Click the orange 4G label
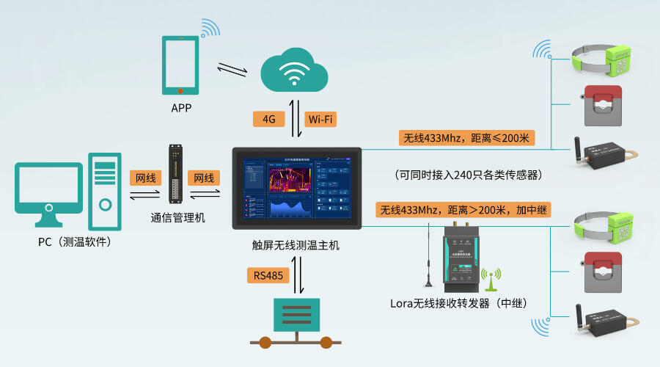(x=268, y=120)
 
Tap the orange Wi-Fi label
(x=323, y=120)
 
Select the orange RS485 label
(x=268, y=276)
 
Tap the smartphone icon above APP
(x=180, y=65)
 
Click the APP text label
(x=181, y=108)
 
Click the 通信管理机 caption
(x=178, y=218)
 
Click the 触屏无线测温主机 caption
(x=296, y=244)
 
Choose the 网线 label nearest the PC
(x=144, y=178)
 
